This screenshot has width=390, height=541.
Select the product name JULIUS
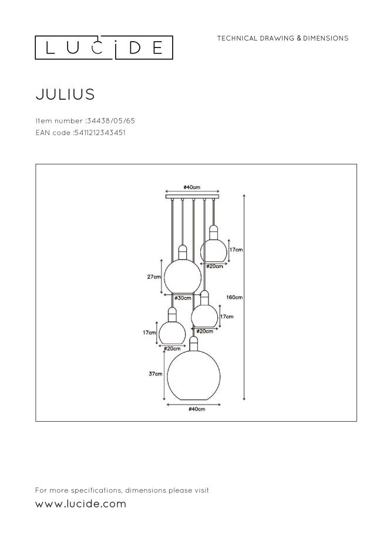click(x=65, y=93)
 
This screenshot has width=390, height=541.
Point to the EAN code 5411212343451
click(x=99, y=133)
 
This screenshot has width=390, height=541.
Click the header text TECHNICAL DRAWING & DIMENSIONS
click(x=283, y=38)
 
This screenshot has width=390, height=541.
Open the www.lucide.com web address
click(x=81, y=504)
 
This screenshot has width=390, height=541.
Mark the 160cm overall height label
click(x=234, y=297)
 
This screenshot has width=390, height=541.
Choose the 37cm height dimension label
click(x=154, y=373)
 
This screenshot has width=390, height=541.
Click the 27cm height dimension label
click(x=154, y=276)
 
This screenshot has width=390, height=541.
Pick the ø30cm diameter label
click(x=183, y=298)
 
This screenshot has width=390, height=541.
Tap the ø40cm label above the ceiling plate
click(x=192, y=187)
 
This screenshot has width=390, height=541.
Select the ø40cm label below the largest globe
click(x=196, y=409)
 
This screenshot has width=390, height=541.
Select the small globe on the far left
click(x=172, y=332)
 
